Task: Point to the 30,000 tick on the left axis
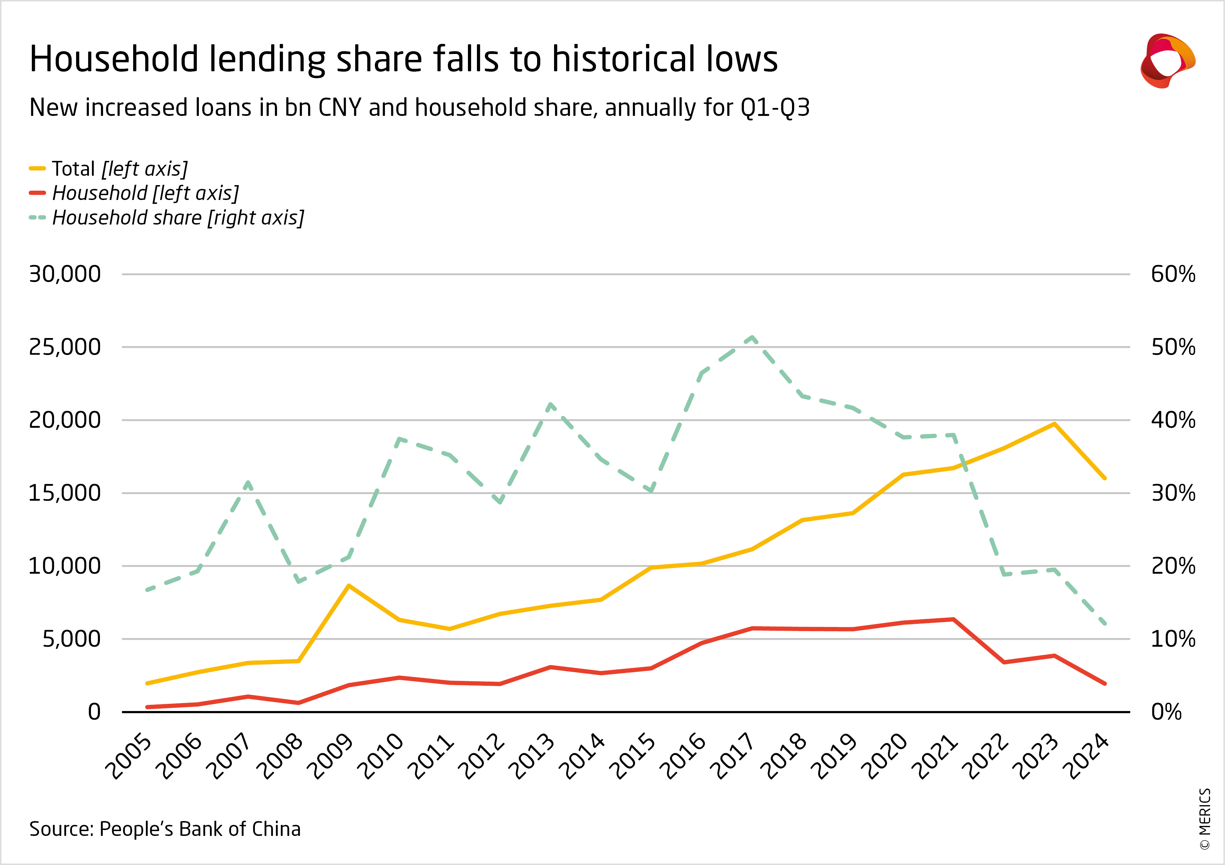[65, 274]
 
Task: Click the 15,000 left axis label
[65, 493]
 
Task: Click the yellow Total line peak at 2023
[1054, 424]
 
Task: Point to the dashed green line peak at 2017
[752, 337]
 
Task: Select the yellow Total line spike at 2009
[348, 586]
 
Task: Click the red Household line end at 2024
[1104, 683]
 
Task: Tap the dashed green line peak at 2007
[248, 483]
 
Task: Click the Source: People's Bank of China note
[165, 829]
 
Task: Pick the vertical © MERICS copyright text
[1205, 819]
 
